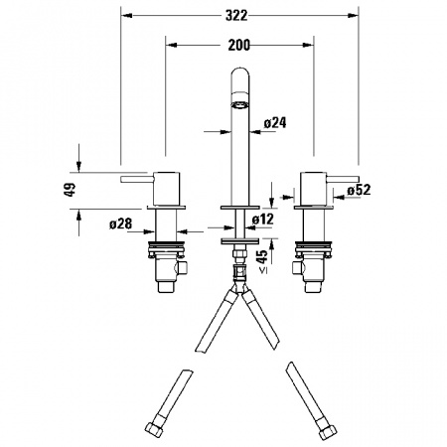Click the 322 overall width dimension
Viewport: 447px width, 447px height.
click(x=236, y=15)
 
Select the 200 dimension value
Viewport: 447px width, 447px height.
click(x=238, y=45)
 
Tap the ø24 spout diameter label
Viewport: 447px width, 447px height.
click(x=275, y=123)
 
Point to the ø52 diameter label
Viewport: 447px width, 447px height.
click(x=359, y=190)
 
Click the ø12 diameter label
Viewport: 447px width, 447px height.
click(x=263, y=219)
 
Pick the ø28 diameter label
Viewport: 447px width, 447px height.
click(x=121, y=223)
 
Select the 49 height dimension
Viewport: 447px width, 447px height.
click(x=70, y=190)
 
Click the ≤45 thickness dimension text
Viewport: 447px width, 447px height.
click(x=262, y=261)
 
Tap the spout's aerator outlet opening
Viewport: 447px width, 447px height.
click(x=239, y=105)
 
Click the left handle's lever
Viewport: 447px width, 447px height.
click(x=137, y=179)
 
